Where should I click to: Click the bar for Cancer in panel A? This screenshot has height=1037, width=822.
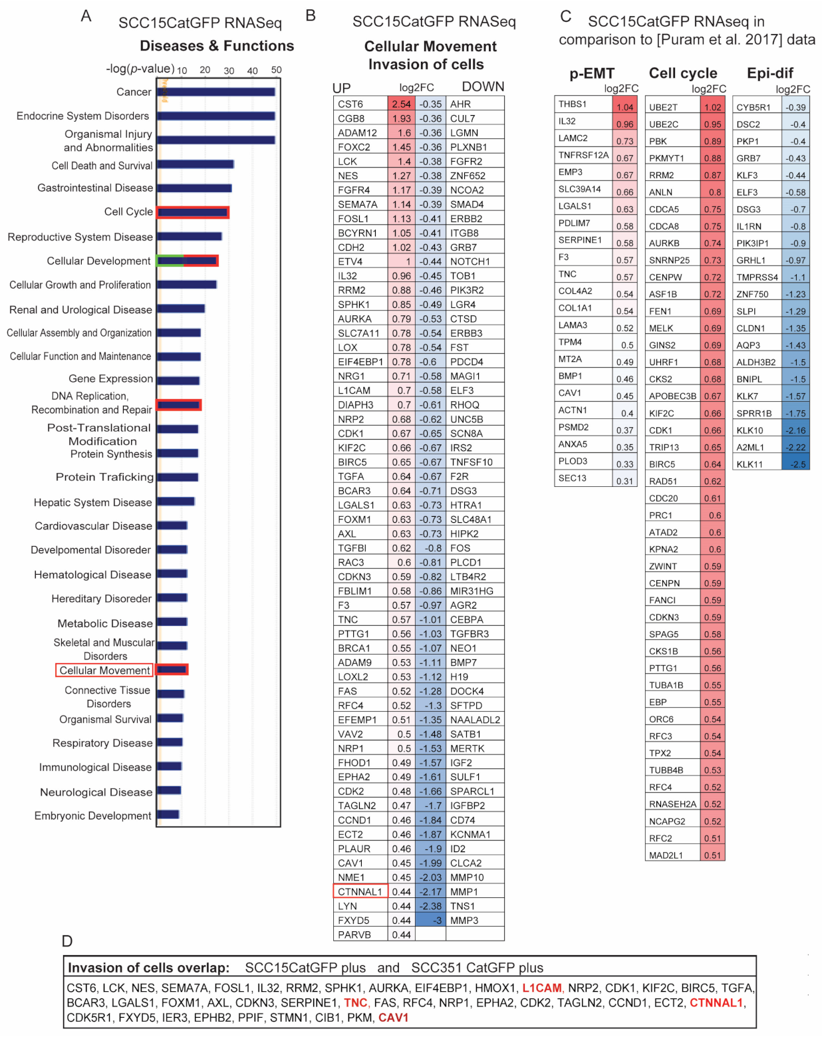point(216,92)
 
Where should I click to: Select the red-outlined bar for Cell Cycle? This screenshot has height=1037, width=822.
point(193,212)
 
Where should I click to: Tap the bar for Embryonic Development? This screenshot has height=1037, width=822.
point(168,815)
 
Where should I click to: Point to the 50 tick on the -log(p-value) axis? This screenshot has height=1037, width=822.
point(277,70)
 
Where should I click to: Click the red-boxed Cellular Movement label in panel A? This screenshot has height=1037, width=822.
point(104,670)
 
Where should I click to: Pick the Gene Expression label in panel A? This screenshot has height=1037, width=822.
point(110,378)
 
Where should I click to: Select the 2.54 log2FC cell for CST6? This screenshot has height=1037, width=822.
point(402,104)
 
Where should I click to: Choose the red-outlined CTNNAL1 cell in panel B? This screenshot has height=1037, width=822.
point(360,892)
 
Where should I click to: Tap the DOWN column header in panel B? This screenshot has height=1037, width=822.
point(483,87)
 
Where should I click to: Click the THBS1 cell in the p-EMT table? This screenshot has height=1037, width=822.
point(573,104)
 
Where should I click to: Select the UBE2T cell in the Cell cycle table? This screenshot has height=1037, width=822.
point(663,107)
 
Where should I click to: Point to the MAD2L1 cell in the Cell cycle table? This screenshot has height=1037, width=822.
point(666,855)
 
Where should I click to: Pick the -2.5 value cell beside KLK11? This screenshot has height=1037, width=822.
point(796,464)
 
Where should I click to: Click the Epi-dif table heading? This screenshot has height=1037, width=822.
point(769,73)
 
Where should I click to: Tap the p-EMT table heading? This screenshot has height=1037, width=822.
point(591,73)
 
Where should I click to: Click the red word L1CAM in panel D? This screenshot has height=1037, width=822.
point(542,988)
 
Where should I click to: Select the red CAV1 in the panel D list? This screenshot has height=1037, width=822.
point(393,1018)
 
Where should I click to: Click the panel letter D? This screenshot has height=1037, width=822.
point(67,941)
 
